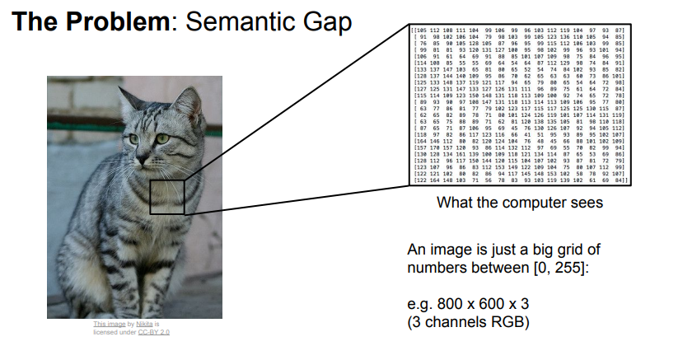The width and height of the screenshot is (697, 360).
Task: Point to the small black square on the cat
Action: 166,195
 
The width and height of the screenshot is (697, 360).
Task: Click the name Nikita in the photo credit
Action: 144,325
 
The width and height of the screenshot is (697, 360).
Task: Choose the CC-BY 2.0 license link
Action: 153,332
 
